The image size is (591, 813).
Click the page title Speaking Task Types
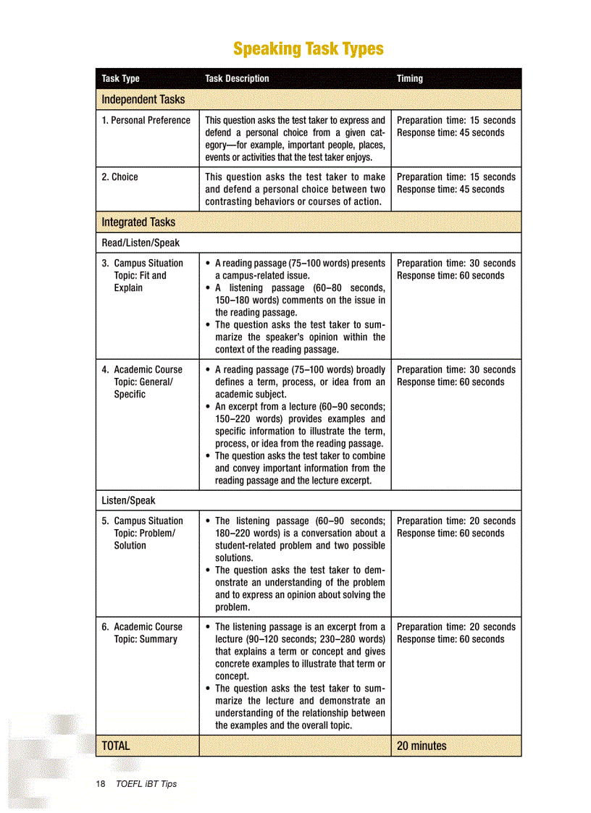pos(308,49)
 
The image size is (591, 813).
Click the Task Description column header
pos(237,79)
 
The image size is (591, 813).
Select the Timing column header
pos(409,79)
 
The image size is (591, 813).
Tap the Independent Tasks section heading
pos(143,99)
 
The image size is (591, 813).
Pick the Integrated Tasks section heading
pos(138,222)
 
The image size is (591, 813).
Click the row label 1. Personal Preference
pos(146,120)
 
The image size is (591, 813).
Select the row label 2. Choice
pos(120,177)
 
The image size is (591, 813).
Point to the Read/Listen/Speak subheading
pos(141,243)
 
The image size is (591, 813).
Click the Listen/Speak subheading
pos(128,500)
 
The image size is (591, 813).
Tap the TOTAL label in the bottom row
pos(116,746)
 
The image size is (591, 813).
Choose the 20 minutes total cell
pos(422,746)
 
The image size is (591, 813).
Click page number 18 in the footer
pos(101,784)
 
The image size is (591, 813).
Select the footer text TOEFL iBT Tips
pos(146,784)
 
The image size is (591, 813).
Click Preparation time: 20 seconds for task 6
pos(456,627)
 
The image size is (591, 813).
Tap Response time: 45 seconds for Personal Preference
pos(450,132)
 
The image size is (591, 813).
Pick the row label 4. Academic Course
pos(143,369)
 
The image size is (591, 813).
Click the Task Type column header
pos(120,79)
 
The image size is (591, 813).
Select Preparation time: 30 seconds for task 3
pos(456,264)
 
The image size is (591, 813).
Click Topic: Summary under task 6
pos(145,639)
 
